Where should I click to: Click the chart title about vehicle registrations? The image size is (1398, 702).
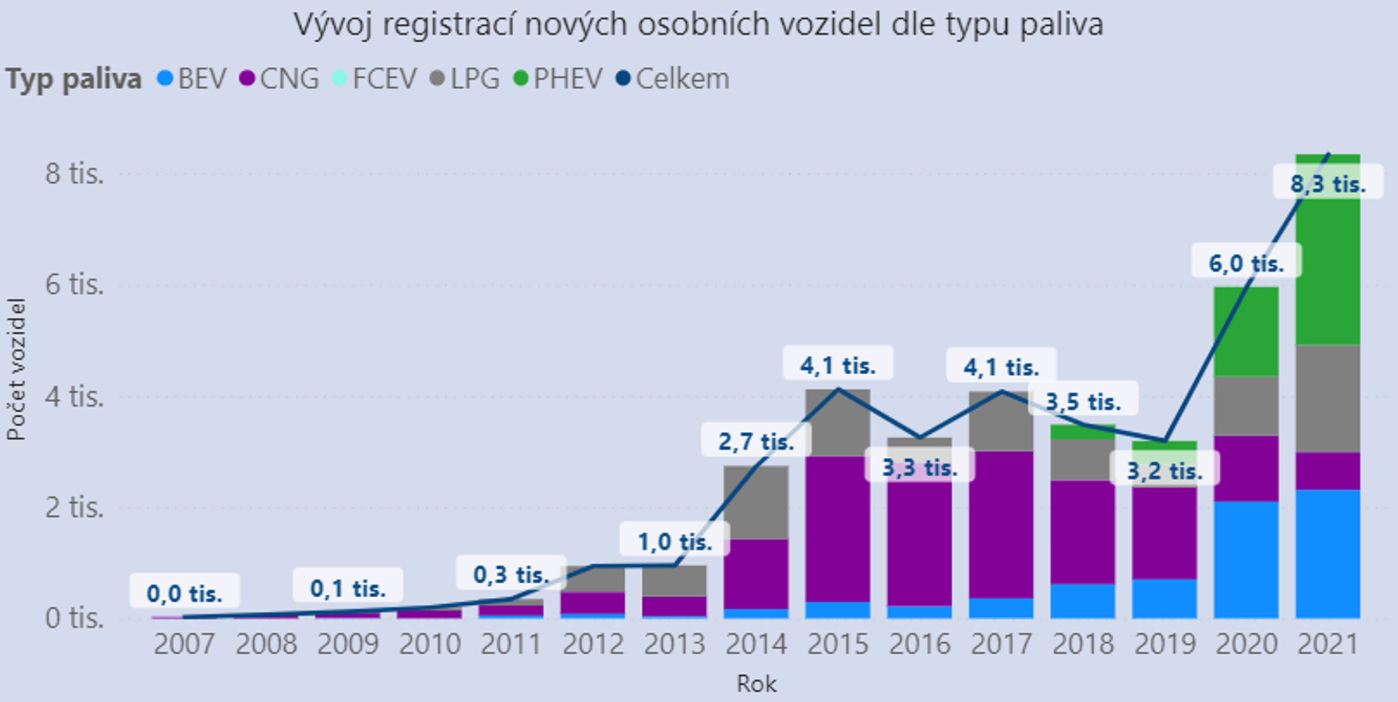click(x=698, y=24)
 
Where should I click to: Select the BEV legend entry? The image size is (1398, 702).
click(x=192, y=79)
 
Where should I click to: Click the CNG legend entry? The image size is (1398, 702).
click(x=280, y=79)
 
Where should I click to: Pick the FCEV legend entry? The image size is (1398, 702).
click(x=375, y=79)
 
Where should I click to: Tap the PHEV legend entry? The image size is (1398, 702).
click(x=558, y=79)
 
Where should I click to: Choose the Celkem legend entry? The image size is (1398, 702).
click(x=673, y=79)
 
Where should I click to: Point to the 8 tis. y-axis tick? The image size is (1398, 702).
click(x=75, y=174)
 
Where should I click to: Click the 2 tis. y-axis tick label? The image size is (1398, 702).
click(x=75, y=508)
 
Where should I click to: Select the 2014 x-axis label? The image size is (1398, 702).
click(x=756, y=644)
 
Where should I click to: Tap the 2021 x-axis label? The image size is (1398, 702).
click(x=1328, y=644)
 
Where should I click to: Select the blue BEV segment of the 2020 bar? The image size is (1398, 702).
click(x=1246, y=559)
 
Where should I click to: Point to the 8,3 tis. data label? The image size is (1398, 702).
click(x=1328, y=184)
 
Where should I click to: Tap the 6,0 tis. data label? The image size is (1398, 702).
click(x=1246, y=264)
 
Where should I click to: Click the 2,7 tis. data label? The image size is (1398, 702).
click(x=756, y=442)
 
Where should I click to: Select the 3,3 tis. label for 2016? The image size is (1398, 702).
click(x=920, y=467)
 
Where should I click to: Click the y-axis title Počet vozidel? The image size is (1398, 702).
click(x=16, y=369)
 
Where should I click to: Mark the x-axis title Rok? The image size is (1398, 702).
click(x=756, y=683)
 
